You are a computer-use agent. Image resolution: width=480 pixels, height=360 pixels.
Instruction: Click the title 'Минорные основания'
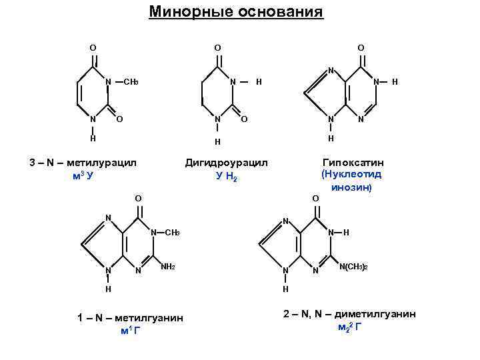point(236,13)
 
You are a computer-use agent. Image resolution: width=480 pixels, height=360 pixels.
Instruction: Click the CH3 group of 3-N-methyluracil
point(131,82)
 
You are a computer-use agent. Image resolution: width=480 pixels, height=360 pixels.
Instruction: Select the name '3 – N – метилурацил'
point(83,163)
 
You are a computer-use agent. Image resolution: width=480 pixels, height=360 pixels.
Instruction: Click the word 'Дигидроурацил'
point(227,163)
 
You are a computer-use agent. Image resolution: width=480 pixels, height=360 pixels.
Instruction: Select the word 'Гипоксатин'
point(353,163)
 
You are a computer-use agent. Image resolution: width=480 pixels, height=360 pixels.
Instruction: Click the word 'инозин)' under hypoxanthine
point(351,187)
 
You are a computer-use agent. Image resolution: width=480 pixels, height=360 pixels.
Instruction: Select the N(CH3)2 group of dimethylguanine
point(353,267)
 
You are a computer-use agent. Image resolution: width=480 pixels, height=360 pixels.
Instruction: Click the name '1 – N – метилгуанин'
point(130,319)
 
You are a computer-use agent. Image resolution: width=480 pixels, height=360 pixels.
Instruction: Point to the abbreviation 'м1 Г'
point(130,331)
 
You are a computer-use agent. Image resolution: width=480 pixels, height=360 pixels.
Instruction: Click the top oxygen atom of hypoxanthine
point(361,48)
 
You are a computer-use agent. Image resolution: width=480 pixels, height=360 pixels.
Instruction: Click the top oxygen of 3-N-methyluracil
point(93,48)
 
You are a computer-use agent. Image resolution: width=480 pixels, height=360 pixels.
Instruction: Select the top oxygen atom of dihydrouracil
point(217,48)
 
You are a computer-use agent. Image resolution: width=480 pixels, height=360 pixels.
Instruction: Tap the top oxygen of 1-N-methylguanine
point(138,198)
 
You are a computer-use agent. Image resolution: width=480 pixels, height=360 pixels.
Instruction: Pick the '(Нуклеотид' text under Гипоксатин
point(351,175)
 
